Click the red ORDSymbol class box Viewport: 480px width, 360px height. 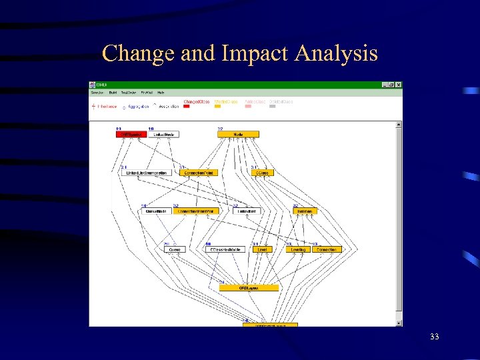(131, 135)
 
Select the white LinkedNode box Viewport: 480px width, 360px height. (163, 135)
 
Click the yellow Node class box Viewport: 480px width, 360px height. (238, 135)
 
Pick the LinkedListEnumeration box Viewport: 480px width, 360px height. (147, 173)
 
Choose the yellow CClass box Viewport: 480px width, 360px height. (262, 173)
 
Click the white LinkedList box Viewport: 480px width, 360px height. (245, 211)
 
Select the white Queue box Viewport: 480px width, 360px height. (174, 249)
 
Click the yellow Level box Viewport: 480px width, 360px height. (263, 249)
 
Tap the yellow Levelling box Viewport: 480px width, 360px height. (298, 249)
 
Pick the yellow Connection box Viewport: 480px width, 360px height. (327, 249)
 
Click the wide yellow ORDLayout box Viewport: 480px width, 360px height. (249, 288)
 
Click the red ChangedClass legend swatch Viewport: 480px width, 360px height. (187, 106)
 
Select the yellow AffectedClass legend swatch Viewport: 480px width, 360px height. (218, 106)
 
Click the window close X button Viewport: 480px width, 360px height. (399, 85)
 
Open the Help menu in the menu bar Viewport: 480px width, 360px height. (161, 93)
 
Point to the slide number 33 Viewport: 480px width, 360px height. (434, 337)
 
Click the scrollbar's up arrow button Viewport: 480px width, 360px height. (399, 125)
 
